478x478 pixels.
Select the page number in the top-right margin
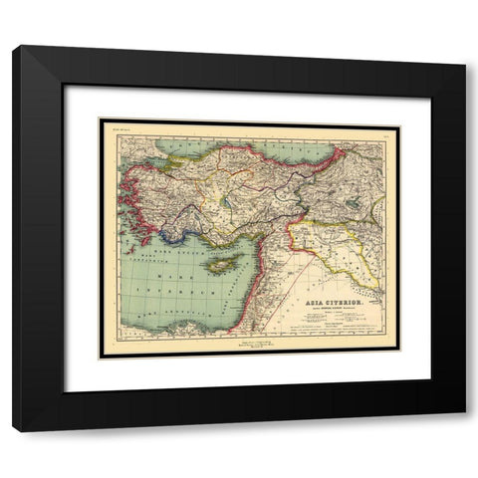(381, 127)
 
